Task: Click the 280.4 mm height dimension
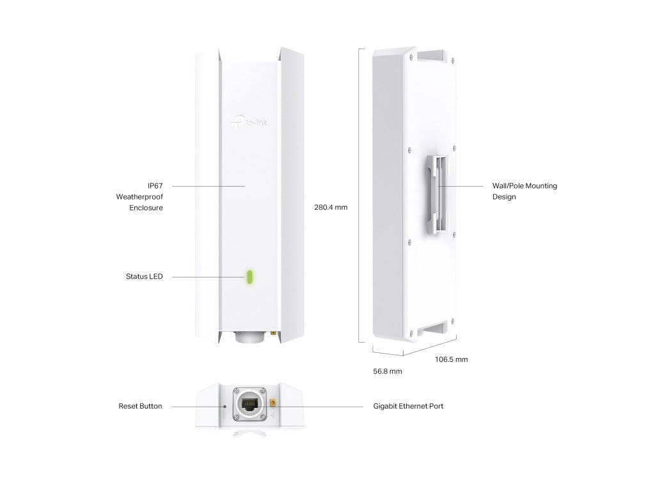(x=331, y=208)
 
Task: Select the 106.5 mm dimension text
(x=451, y=359)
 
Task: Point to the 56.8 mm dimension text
(x=388, y=371)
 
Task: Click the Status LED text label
(x=144, y=277)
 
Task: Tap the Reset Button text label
(x=140, y=406)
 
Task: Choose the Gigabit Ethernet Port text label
(x=408, y=406)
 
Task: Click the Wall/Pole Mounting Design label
(x=525, y=191)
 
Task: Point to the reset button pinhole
(x=225, y=406)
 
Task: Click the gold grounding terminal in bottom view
(x=272, y=405)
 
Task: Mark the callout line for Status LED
(x=205, y=277)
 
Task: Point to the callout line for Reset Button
(x=195, y=406)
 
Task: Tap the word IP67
(x=155, y=185)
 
